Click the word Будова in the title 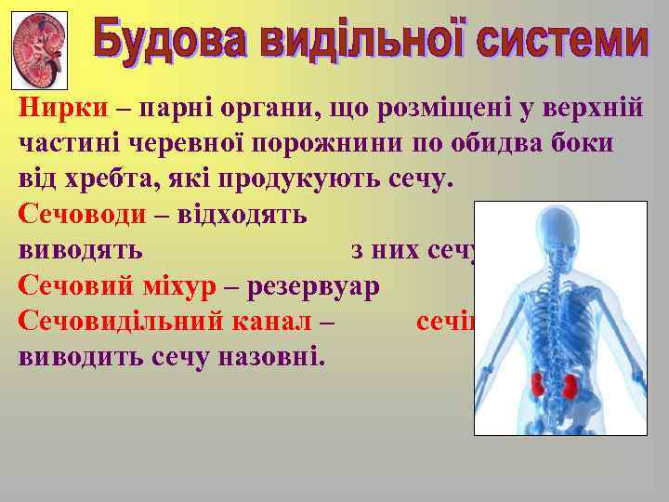[x=165, y=42]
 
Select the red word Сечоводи [x=82, y=215]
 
